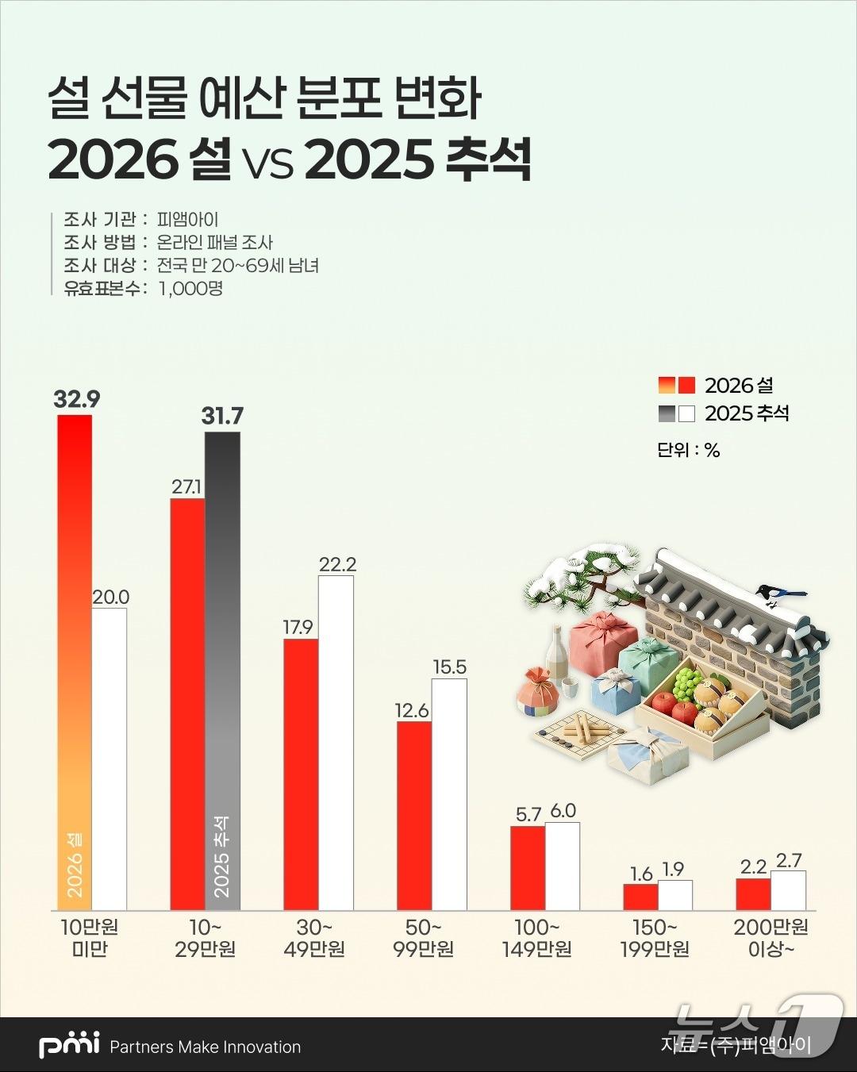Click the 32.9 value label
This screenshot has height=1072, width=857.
77,400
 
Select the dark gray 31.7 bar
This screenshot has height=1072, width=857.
222,670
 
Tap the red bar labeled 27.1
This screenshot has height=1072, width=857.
188,704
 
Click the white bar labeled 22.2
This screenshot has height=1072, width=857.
336,742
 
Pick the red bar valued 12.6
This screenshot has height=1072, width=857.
413,816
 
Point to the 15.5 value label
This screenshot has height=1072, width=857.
449,667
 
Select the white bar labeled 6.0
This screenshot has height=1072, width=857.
563,866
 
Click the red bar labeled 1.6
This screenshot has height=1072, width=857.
640,897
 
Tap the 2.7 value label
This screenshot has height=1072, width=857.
789,860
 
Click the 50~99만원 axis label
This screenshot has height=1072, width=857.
423,938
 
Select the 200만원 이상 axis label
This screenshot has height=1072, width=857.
771,938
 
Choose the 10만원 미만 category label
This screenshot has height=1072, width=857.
89,938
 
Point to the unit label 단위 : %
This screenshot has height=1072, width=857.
688,450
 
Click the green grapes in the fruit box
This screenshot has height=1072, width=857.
687,681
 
